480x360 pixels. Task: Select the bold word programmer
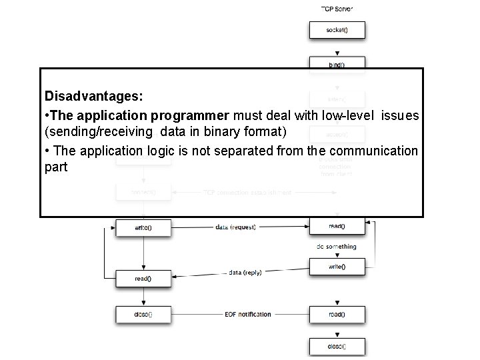tap(182, 116)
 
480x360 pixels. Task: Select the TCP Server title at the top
tap(337, 9)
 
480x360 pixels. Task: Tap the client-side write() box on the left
tap(143, 227)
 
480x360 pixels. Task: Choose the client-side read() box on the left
tap(143, 278)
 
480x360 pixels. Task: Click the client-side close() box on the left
tap(143, 313)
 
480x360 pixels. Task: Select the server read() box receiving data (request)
tap(336, 227)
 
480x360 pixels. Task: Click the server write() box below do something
tap(336, 266)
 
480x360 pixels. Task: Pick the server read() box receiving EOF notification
tap(336, 313)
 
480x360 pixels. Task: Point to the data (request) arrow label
tap(235, 227)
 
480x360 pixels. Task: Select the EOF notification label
tap(247, 314)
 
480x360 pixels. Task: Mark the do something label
tap(336, 247)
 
